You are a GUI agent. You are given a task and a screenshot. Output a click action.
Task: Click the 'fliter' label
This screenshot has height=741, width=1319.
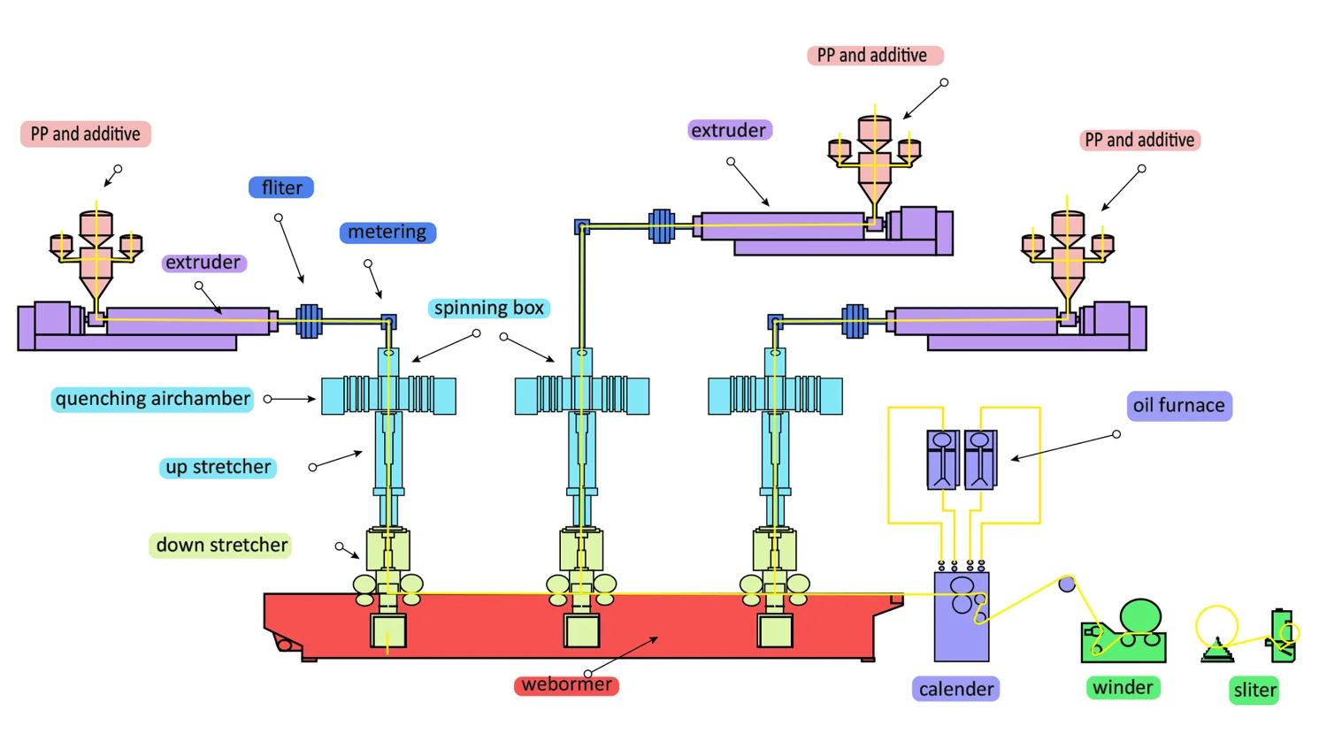(281, 187)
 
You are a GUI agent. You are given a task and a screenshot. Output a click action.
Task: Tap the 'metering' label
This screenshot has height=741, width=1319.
(387, 232)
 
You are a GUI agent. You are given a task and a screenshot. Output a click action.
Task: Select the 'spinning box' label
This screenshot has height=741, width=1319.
(488, 308)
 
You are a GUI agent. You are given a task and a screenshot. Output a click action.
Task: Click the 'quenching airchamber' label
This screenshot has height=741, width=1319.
(152, 399)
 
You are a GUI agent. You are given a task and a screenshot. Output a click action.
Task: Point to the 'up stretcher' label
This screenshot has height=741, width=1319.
(218, 467)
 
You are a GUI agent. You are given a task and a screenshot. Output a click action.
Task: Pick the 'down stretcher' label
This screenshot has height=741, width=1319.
(221, 545)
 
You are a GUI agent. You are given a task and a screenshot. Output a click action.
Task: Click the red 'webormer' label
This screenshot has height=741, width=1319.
(566, 684)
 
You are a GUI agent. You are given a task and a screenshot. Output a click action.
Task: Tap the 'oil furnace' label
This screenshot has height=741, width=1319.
(1179, 406)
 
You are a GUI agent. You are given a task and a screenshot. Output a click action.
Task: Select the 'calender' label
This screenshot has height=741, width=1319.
(955, 689)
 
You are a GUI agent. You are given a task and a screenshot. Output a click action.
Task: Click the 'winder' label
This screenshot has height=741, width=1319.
(1123, 687)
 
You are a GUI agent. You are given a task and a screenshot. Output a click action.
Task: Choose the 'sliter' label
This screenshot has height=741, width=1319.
(1254, 690)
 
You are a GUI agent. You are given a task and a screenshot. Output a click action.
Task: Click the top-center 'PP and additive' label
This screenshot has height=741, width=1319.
(875, 56)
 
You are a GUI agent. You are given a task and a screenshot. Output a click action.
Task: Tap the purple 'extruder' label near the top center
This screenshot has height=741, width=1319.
(730, 130)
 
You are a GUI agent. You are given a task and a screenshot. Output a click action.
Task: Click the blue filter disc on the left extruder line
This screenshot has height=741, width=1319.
(309, 321)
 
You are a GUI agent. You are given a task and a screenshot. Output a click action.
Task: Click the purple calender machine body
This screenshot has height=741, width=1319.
(962, 617)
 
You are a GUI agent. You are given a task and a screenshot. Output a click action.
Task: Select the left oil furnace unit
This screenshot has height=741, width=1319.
(943, 460)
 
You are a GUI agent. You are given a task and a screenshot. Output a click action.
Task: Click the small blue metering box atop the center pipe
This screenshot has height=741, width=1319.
(582, 226)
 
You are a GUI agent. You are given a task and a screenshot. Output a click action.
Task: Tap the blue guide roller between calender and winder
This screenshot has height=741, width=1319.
(1066, 584)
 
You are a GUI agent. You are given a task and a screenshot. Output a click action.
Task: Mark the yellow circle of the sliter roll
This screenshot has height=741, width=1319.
(1216, 626)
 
